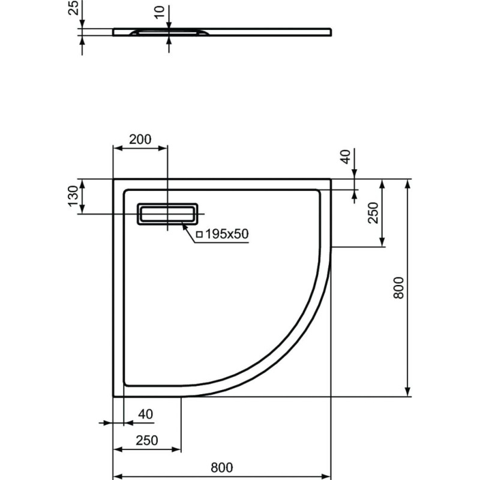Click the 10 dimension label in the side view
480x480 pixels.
(160, 12)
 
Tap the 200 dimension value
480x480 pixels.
(140, 139)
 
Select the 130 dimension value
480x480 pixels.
(73, 196)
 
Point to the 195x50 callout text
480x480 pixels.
(227, 234)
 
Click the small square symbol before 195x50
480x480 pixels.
(199, 235)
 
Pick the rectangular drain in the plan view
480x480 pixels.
(167, 214)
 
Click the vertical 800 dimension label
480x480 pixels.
(398, 288)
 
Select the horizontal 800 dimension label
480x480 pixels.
(221, 467)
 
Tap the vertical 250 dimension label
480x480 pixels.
(373, 213)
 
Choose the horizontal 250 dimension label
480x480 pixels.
(147, 440)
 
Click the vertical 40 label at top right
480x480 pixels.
(346, 157)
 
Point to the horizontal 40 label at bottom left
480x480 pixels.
(145, 414)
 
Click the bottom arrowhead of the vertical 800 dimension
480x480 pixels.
(407, 392)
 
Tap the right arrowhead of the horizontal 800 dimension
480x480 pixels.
(326, 477)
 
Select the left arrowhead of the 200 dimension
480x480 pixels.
(118, 148)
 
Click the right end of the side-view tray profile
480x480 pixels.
(331, 32)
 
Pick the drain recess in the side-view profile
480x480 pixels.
(169, 32)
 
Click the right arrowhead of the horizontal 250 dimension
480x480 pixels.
(176, 449)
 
